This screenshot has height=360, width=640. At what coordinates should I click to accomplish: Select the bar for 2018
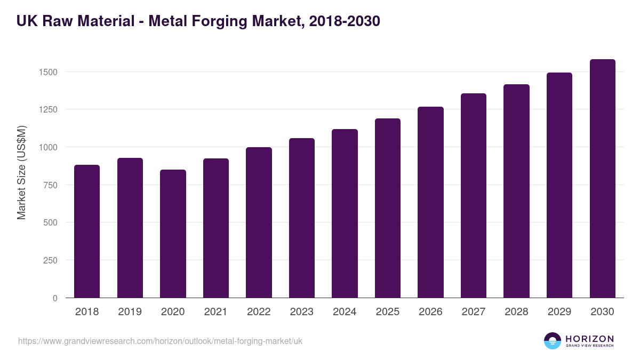[x=87, y=231]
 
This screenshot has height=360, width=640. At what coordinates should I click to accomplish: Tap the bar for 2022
[x=259, y=222]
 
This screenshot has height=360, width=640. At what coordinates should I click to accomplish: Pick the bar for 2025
[x=388, y=208]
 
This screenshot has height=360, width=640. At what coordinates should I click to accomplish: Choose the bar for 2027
[x=474, y=196]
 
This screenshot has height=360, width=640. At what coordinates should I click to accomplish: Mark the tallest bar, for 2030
[x=602, y=179]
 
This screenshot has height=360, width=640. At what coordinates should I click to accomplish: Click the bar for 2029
[x=559, y=185]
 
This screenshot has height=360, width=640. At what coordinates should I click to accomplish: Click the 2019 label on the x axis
[x=130, y=312]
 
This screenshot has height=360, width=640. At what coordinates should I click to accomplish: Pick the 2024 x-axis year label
[x=345, y=312]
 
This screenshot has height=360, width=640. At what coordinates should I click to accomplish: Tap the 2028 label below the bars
[x=516, y=312]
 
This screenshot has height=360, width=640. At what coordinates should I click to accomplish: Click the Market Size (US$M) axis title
[x=21, y=172]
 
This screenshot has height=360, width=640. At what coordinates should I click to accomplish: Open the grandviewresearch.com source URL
[x=160, y=341]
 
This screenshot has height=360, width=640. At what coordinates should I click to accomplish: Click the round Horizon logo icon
[x=553, y=341]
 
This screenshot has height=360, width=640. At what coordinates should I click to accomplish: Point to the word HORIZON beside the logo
[x=589, y=339]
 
